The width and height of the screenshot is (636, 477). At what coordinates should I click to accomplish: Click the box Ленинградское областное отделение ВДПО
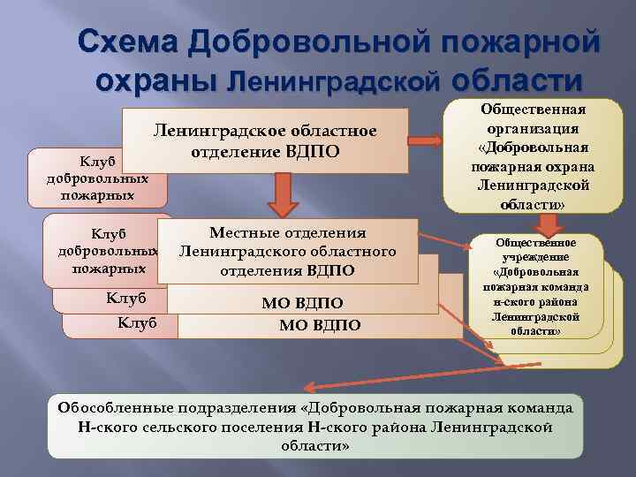click(x=265, y=140)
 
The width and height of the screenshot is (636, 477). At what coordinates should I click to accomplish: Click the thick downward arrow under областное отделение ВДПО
click(x=282, y=193)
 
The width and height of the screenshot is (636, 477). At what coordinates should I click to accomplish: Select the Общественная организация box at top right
click(x=533, y=156)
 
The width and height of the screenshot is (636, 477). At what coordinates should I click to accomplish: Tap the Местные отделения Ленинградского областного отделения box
click(x=288, y=252)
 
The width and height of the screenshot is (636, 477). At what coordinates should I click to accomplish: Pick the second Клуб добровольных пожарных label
click(x=109, y=251)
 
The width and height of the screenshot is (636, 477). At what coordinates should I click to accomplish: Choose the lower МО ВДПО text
click(x=319, y=325)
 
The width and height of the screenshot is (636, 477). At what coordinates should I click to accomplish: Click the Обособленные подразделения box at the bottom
click(x=315, y=427)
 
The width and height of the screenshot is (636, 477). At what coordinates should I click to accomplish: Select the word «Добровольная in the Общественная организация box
click(x=534, y=148)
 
